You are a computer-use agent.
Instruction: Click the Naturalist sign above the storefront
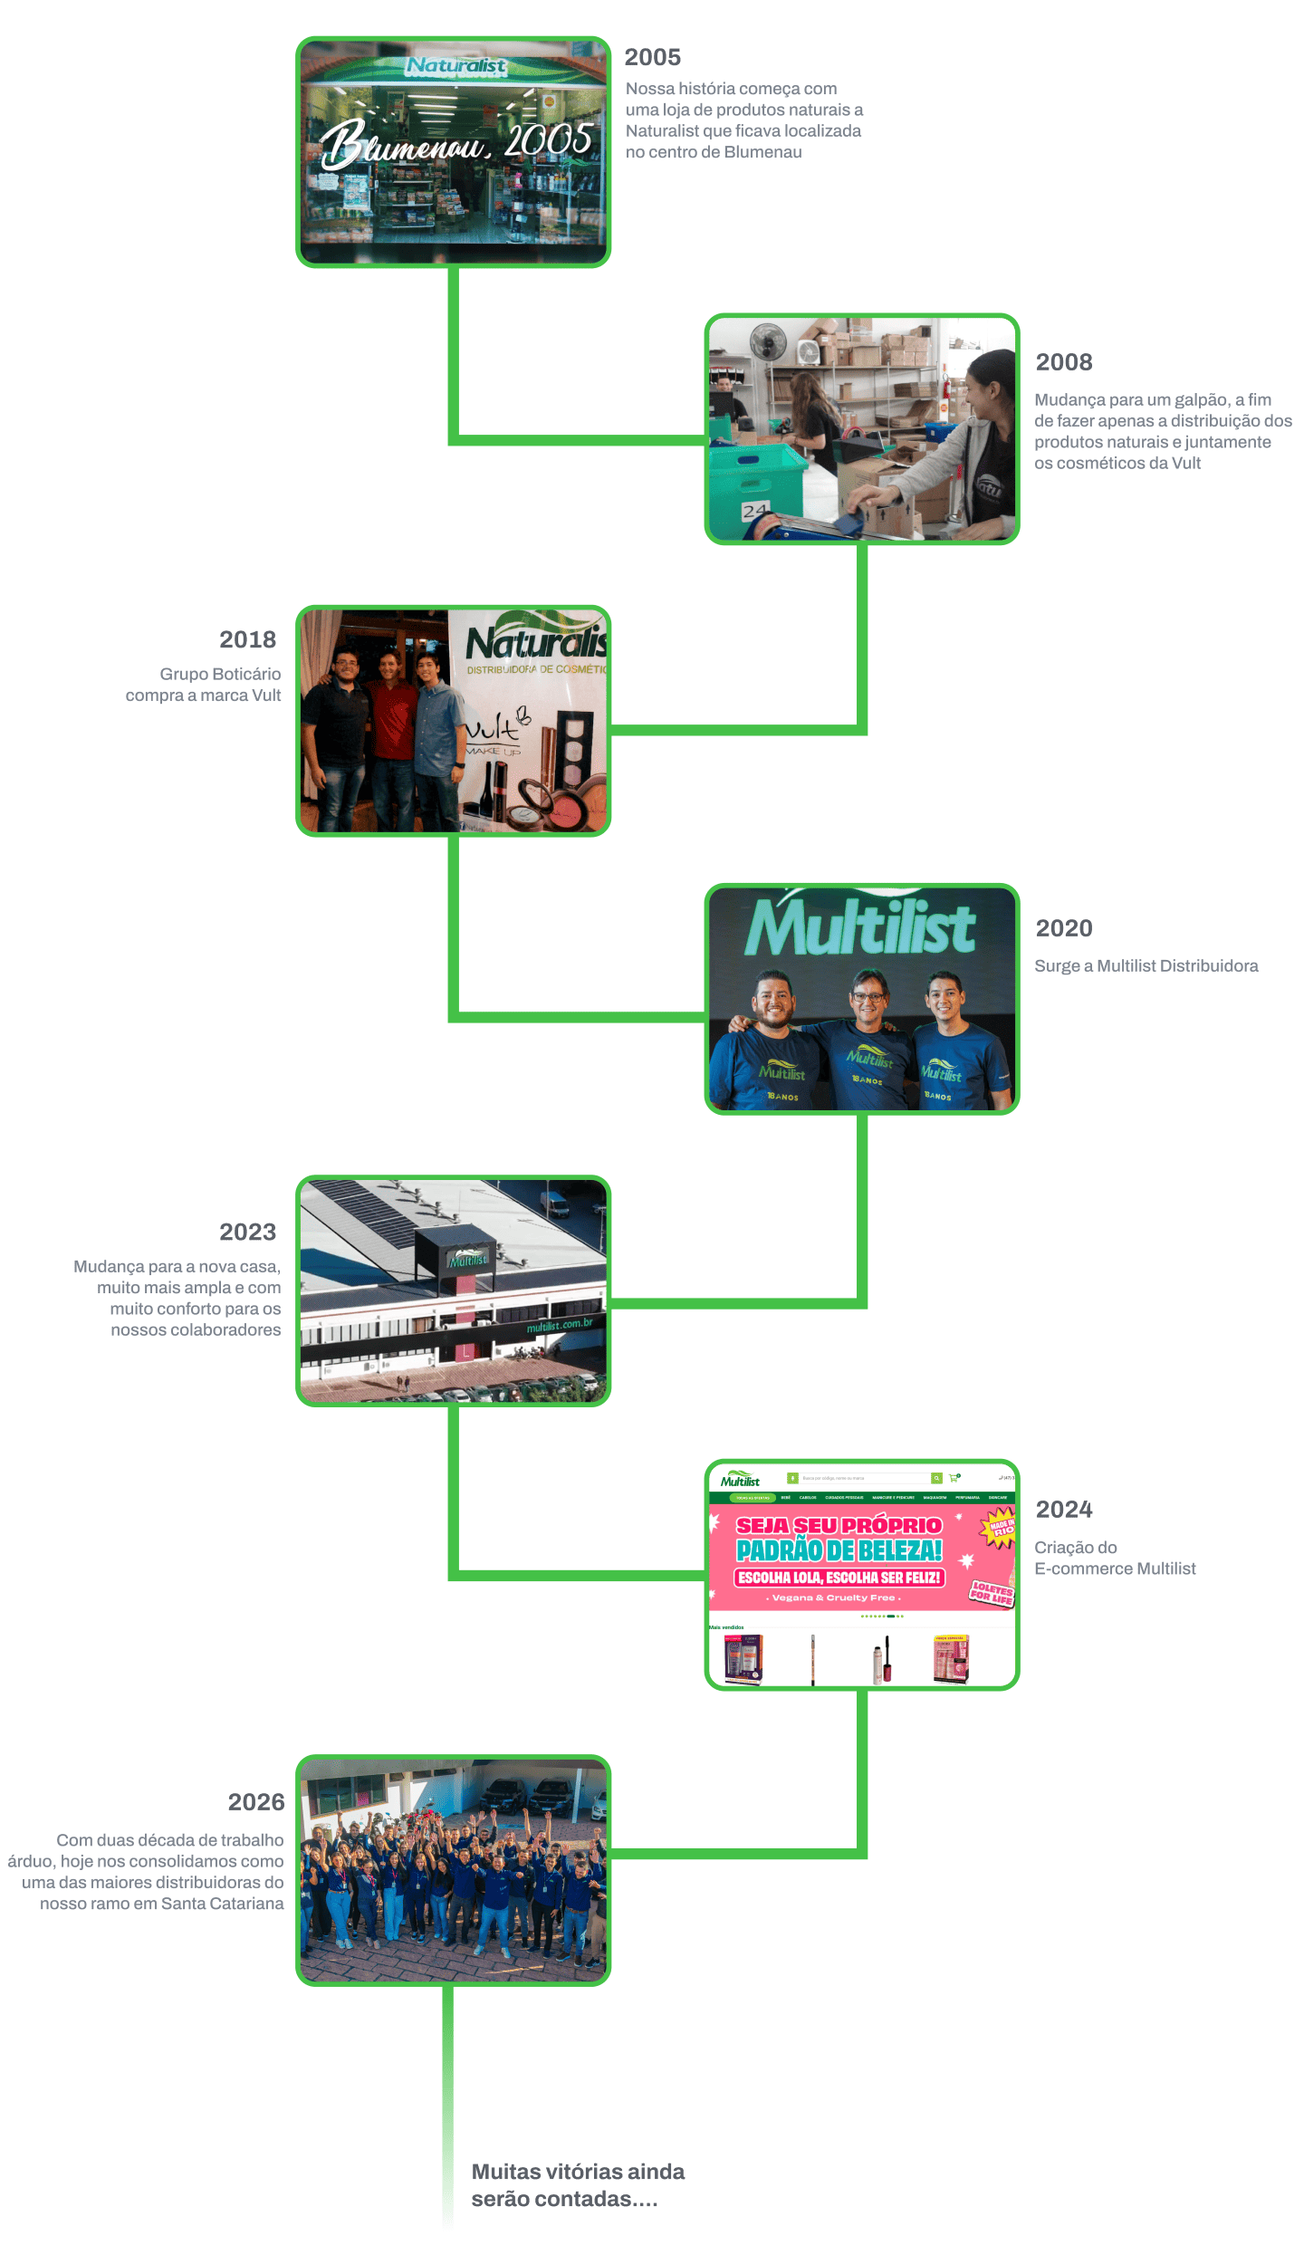(455, 66)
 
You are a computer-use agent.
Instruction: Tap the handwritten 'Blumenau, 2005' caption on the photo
(457, 143)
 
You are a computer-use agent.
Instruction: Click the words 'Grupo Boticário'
(220, 675)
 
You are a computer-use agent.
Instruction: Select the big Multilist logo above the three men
(860, 926)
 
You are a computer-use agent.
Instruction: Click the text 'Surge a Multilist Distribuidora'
(1146, 966)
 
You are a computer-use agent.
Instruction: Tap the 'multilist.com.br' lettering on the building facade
(559, 1326)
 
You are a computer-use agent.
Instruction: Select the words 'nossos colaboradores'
(196, 1330)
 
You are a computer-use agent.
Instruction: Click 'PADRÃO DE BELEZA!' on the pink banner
(839, 1550)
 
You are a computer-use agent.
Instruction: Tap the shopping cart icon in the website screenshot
(953, 1478)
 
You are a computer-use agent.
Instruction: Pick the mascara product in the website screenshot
(877, 1660)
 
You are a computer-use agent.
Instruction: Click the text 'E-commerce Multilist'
(1115, 1569)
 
